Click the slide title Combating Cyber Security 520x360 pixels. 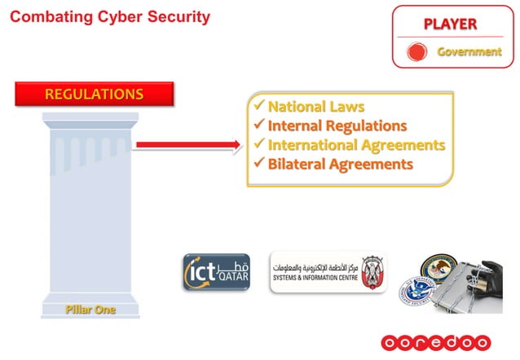(x=109, y=16)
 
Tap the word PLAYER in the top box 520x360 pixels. (x=450, y=24)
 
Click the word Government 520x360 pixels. (x=469, y=52)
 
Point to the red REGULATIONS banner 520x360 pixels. (x=93, y=93)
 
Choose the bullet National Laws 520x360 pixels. (x=315, y=107)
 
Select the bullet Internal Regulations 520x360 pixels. (x=337, y=126)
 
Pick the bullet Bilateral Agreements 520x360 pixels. (x=340, y=165)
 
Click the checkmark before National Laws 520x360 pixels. (x=258, y=107)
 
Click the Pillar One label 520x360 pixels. (x=90, y=310)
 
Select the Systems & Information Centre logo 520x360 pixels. (x=328, y=273)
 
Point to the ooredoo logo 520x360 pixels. (x=436, y=342)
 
